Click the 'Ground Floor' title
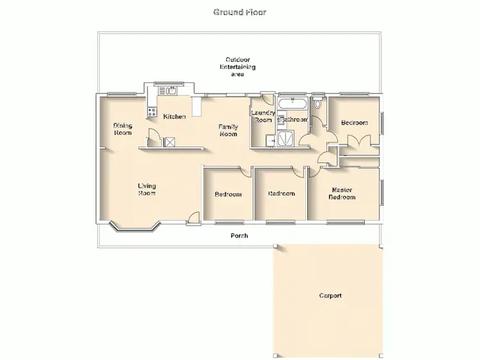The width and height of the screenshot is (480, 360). pyautogui.click(x=239, y=12)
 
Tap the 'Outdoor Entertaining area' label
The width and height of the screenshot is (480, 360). pyautogui.click(x=237, y=67)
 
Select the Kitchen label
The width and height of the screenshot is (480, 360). pyautogui.click(x=174, y=116)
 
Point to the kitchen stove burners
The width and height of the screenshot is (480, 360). pyautogui.click(x=152, y=112)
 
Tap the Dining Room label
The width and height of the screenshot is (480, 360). pyautogui.click(x=123, y=129)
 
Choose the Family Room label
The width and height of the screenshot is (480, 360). pyautogui.click(x=228, y=130)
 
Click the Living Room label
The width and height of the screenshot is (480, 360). pyautogui.click(x=147, y=190)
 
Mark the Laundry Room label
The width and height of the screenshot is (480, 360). pyautogui.click(x=262, y=116)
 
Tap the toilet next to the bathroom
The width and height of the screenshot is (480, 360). pyautogui.click(x=317, y=104)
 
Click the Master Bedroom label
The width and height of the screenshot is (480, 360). pyautogui.click(x=342, y=194)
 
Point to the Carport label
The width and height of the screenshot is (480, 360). pyautogui.click(x=330, y=296)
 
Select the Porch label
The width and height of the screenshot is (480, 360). pyautogui.click(x=239, y=236)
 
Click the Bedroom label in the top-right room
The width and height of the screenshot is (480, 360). pyautogui.click(x=354, y=123)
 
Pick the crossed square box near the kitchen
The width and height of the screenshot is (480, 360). pyautogui.click(x=170, y=142)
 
